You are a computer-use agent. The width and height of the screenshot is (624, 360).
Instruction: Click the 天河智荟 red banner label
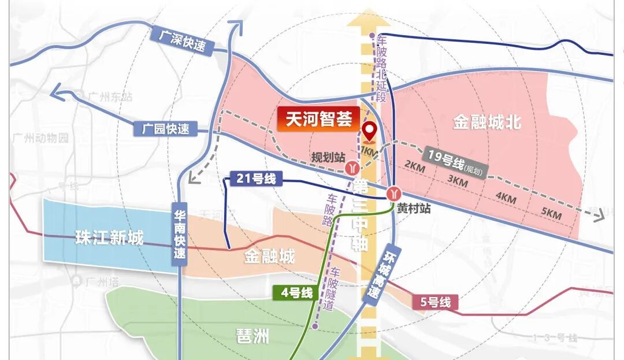[319, 120]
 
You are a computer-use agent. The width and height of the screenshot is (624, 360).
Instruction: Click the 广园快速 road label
[166, 128]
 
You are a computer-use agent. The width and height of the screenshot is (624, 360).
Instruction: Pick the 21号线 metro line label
[255, 179]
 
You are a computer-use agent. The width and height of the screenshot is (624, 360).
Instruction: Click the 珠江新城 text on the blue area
[109, 237]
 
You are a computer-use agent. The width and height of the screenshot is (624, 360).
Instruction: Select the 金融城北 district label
[487, 122]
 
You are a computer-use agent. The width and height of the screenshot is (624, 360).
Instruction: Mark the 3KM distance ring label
[458, 181]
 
